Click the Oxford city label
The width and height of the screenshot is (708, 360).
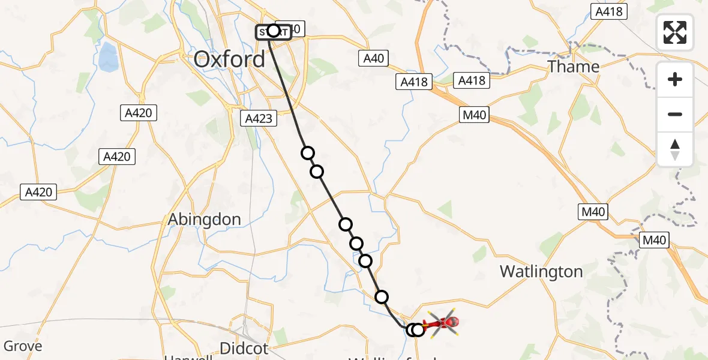click(x=229, y=59)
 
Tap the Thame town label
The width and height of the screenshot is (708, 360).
click(x=574, y=66)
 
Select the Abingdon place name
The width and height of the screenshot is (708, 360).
click(x=205, y=219)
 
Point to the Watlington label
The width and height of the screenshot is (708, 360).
click(x=541, y=271)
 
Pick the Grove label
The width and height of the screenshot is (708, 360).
click(x=23, y=346)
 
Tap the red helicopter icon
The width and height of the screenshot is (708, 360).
click(x=442, y=324)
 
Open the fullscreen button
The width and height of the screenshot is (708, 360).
click(x=675, y=32)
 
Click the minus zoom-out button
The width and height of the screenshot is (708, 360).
click(x=675, y=114)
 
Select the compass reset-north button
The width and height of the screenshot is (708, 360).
click(x=675, y=149)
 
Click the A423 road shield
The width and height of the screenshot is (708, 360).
click(x=259, y=118)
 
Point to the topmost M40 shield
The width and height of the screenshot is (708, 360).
click(x=475, y=114)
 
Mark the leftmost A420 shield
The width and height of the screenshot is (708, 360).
click(x=40, y=193)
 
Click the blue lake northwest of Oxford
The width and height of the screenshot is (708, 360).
click(x=109, y=57)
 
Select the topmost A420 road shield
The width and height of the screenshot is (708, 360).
click(x=138, y=112)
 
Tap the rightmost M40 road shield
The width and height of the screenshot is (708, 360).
click(x=653, y=240)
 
